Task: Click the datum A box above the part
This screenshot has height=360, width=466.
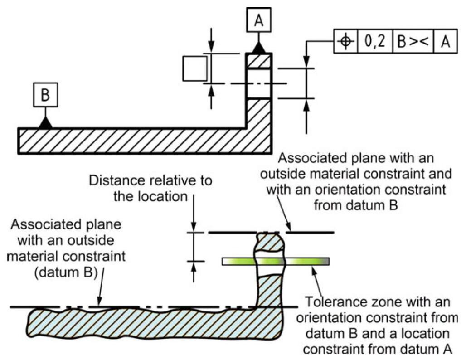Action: click(x=258, y=20)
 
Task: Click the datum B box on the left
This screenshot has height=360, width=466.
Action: click(x=45, y=95)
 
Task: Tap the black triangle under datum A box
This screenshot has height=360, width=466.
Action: click(x=258, y=47)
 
